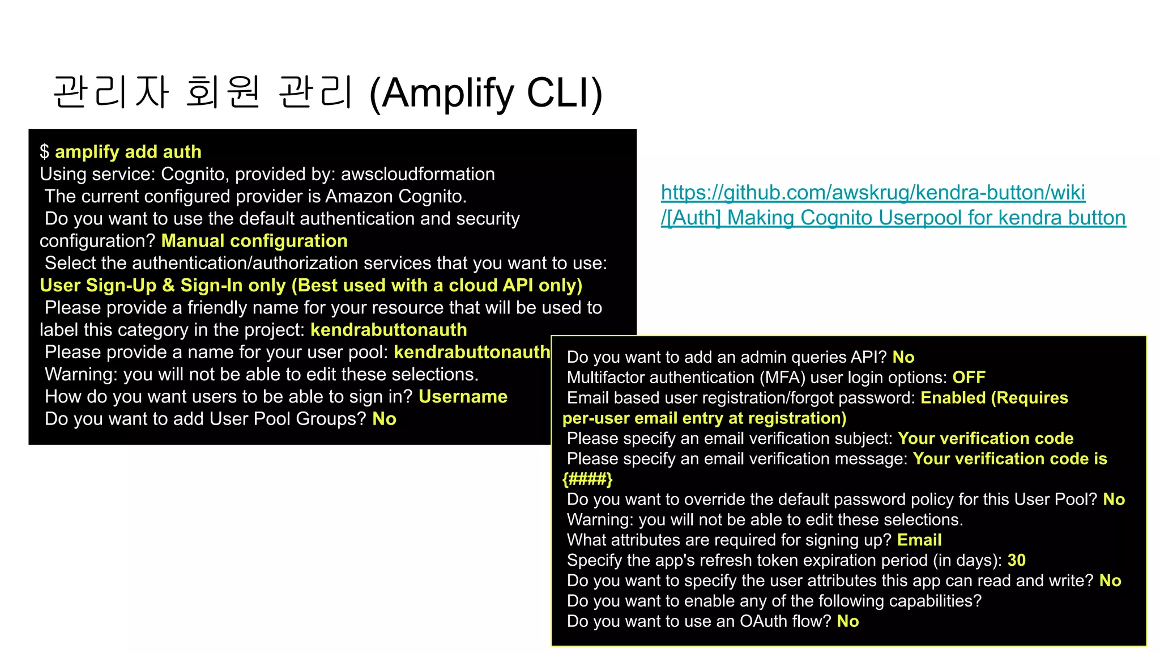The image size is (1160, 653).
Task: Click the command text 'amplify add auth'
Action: click(x=128, y=152)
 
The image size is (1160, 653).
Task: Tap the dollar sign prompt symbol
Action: click(x=44, y=152)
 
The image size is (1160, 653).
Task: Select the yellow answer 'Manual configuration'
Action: click(x=254, y=241)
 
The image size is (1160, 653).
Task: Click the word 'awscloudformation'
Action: click(x=417, y=174)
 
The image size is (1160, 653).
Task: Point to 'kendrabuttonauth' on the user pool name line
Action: click(x=472, y=352)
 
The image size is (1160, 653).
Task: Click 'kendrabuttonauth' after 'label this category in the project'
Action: click(x=389, y=330)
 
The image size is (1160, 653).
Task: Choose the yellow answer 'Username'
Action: click(x=463, y=396)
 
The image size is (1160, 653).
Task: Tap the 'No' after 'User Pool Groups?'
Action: click(x=384, y=419)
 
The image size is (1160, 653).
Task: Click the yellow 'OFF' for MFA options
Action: click(x=969, y=378)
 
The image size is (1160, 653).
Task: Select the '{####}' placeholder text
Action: click(x=587, y=479)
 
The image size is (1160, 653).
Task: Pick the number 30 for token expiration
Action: click(x=1016, y=560)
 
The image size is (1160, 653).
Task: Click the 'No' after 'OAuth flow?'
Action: click(x=847, y=621)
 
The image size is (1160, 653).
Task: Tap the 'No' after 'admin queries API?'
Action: click(x=903, y=357)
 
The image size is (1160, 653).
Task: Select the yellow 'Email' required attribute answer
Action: click(x=919, y=540)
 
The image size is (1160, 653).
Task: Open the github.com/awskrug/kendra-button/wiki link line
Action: click(x=873, y=193)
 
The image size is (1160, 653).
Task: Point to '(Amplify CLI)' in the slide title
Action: click(x=485, y=93)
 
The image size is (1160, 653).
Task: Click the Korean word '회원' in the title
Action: click(x=223, y=92)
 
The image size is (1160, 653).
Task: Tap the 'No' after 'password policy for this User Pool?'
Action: click(x=1114, y=499)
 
